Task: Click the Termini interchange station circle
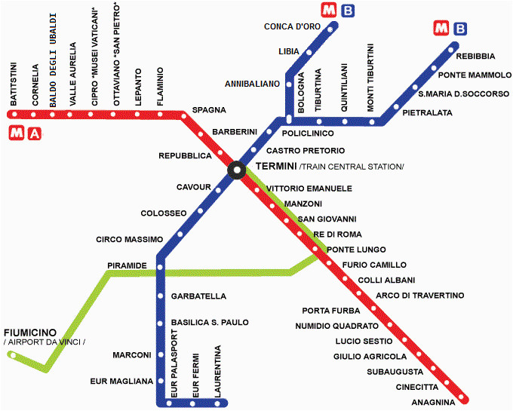coord(236,171)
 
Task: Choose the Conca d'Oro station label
coord(293,27)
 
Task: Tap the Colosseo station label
coord(163,213)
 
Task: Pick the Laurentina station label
coord(218,370)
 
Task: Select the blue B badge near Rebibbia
coord(459,29)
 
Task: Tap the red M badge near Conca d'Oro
coord(328,11)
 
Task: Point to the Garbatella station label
coord(198,296)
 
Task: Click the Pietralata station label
coord(427,113)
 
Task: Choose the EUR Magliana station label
coord(121,381)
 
